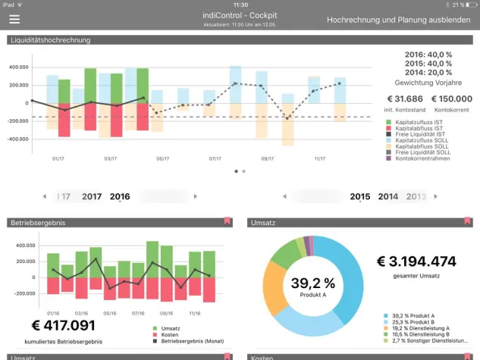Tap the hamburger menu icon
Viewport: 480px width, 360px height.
pyautogui.click(x=14, y=20)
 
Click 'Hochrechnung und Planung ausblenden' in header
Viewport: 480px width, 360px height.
pyautogui.click(x=398, y=20)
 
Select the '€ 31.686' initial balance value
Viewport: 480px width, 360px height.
pyautogui.click(x=404, y=99)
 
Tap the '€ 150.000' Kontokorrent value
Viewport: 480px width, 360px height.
pyautogui.click(x=450, y=99)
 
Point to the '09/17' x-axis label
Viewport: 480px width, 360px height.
pyautogui.click(x=267, y=158)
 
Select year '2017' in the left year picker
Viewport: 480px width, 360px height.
pyautogui.click(x=92, y=196)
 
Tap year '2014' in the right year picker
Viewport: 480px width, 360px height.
pyautogui.click(x=388, y=196)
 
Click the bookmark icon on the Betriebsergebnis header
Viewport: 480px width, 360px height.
pyautogui.click(x=227, y=221)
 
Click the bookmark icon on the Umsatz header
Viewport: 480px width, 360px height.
pyautogui.click(x=467, y=221)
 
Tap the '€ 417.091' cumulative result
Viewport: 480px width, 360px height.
pyautogui.click(x=64, y=325)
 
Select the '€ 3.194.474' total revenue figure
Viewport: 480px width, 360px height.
pyautogui.click(x=416, y=261)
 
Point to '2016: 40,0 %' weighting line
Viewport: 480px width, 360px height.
pyautogui.click(x=429, y=55)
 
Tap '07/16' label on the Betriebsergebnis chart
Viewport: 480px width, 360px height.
pyautogui.click(x=137, y=312)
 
